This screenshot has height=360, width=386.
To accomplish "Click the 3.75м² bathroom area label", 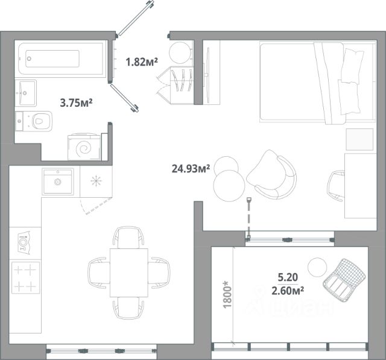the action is [77, 103].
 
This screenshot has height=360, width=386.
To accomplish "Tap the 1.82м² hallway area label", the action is [142, 62].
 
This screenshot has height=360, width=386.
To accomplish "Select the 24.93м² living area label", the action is [191, 169].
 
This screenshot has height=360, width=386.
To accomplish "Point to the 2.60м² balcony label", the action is [288, 291].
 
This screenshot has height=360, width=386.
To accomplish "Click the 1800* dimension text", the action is [227, 294].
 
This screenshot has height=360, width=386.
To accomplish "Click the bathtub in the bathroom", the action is [60, 59].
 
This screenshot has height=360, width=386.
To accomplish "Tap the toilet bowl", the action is [34, 121].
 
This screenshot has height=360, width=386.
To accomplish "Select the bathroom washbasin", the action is [25, 93].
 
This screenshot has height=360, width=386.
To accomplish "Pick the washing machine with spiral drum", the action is [84, 147].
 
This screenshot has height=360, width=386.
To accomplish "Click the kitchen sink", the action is [58, 182].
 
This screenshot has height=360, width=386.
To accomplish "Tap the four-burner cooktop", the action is [25, 278].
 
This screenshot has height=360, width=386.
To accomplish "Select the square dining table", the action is [129, 273].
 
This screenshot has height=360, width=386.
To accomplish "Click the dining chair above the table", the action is [128, 238].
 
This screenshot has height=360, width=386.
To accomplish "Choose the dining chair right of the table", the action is [159, 273].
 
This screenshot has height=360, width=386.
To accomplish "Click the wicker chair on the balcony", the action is [344, 280].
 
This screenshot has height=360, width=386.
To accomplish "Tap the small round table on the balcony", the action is [317, 267].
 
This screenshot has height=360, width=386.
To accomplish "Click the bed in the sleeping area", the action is [318, 82].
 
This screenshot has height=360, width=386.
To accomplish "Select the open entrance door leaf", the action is [136, 18].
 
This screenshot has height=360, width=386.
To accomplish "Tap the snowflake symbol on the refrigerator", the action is [96, 181].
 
